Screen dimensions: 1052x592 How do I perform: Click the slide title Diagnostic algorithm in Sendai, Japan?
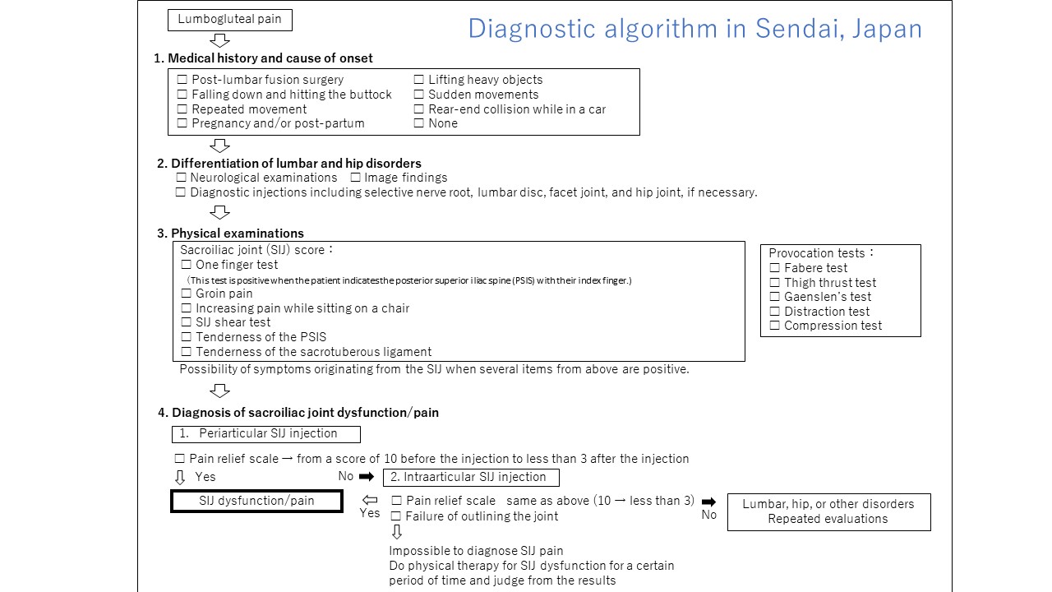point(695,29)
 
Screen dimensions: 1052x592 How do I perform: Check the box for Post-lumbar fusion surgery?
point(182,80)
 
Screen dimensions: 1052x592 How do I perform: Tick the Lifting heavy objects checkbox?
point(419,80)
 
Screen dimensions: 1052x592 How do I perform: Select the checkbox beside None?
point(419,123)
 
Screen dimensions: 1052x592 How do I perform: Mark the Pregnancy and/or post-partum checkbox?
point(182,123)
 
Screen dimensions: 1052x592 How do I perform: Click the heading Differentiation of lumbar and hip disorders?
point(296,164)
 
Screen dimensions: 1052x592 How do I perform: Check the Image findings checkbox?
point(356,178)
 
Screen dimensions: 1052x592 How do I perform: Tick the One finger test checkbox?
point(187,265)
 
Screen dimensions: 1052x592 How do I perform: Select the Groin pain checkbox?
point(187,294)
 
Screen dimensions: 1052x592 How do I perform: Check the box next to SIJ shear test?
point(187,322)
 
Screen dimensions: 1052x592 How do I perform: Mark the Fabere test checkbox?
point(775,268)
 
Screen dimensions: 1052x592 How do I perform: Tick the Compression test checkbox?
point(775,326)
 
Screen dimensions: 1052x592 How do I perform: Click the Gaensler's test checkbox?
point(775,297)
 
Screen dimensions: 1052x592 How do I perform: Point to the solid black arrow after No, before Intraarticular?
point(367,477)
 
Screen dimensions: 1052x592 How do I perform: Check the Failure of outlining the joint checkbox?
point(396,516)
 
